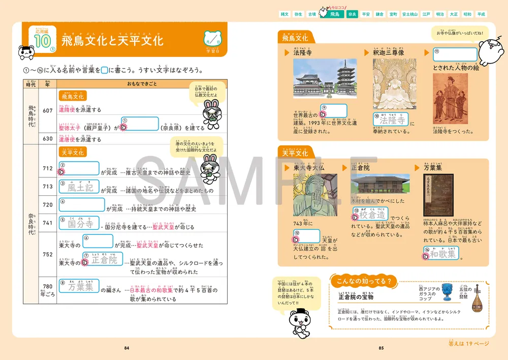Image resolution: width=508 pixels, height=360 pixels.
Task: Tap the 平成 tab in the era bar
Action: pyautogui.click(x=482, y=15)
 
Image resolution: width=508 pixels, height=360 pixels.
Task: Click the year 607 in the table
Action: pyautogui.click(x=48, y=111)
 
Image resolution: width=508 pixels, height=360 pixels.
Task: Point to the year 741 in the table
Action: pyautogui.click(x=48, y=223)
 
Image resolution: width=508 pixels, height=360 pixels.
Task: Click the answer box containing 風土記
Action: pyautogui.click(x=79, y=187)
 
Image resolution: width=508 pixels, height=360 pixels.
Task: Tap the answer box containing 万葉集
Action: pyautogui.click(x=79, y=287)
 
